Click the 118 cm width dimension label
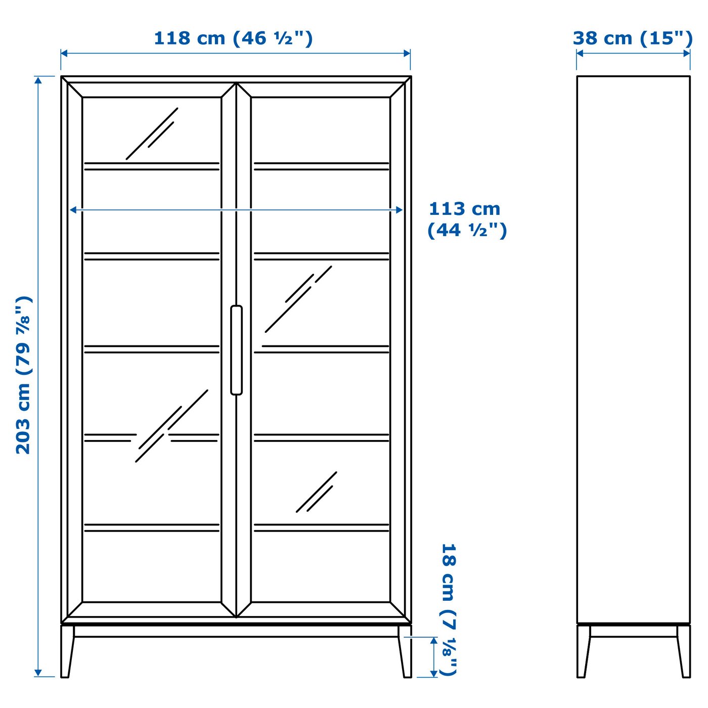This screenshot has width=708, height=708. (233, 38)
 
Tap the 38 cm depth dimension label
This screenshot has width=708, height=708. (632, 38)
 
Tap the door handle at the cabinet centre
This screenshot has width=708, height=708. (236, 350)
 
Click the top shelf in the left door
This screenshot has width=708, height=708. (152, 166)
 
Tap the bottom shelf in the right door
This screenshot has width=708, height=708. (321, 527)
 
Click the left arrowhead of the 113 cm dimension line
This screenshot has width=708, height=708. (73, 210)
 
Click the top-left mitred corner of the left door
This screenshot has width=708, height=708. (75, 90)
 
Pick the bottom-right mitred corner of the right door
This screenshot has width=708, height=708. (397, 609)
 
